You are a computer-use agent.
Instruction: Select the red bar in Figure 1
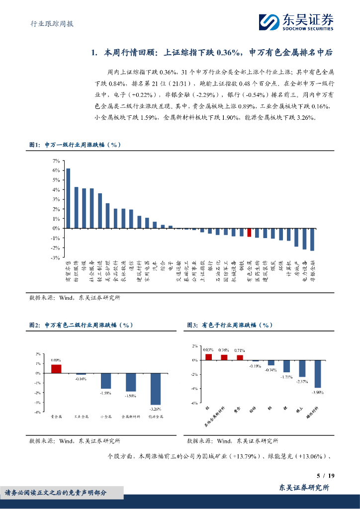[249, 232]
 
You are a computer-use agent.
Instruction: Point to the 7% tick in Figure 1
[56, 161]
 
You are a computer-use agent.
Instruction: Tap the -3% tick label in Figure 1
[55, 257]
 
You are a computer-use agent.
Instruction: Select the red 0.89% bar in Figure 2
[56, 368]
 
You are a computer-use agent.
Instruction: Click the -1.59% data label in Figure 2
[105, 393]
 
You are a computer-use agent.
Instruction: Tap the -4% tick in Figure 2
[38, 412]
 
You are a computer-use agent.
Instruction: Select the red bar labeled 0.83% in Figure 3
[208, 356]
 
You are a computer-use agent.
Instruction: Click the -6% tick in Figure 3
[194, 403]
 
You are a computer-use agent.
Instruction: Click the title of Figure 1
[75, 145]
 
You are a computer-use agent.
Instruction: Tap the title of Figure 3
[230, 325]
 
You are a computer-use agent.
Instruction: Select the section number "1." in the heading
[95, 52]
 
